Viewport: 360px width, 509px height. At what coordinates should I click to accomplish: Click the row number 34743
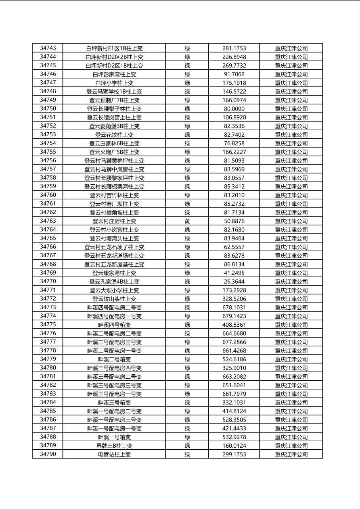pos(48,48)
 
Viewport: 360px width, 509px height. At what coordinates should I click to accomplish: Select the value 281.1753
pos(234,48)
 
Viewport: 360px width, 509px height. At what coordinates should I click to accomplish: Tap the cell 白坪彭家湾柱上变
pos(114,74)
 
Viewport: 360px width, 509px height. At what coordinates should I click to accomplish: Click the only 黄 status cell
pos(187,221)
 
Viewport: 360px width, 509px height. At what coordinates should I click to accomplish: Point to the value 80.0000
pos(234,109)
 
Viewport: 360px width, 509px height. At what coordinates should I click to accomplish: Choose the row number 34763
pos(48,221)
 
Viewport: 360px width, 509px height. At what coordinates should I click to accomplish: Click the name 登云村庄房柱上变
pos(114,221)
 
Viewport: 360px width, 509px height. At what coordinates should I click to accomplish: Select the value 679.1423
pos(234,316)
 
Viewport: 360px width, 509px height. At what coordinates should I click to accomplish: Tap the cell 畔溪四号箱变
pos(114,325)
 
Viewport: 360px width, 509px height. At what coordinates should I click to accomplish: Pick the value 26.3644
pos(234,282)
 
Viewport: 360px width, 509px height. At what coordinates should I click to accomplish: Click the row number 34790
pos(48,454)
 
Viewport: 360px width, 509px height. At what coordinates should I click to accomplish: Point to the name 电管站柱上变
pos(114,455)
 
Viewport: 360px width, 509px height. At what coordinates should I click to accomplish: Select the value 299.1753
pos(234,455)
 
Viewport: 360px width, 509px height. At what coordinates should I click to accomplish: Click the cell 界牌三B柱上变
pos(114,446)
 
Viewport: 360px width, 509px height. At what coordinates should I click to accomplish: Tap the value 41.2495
pos(234,273)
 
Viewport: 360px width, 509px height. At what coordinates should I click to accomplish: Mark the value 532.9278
pos(234,437)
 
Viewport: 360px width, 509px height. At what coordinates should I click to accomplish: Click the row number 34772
pos(48,299)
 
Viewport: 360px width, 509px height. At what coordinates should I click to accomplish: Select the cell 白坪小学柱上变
pos(114,83)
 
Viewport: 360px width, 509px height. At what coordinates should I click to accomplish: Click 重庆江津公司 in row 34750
pos(291,109)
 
